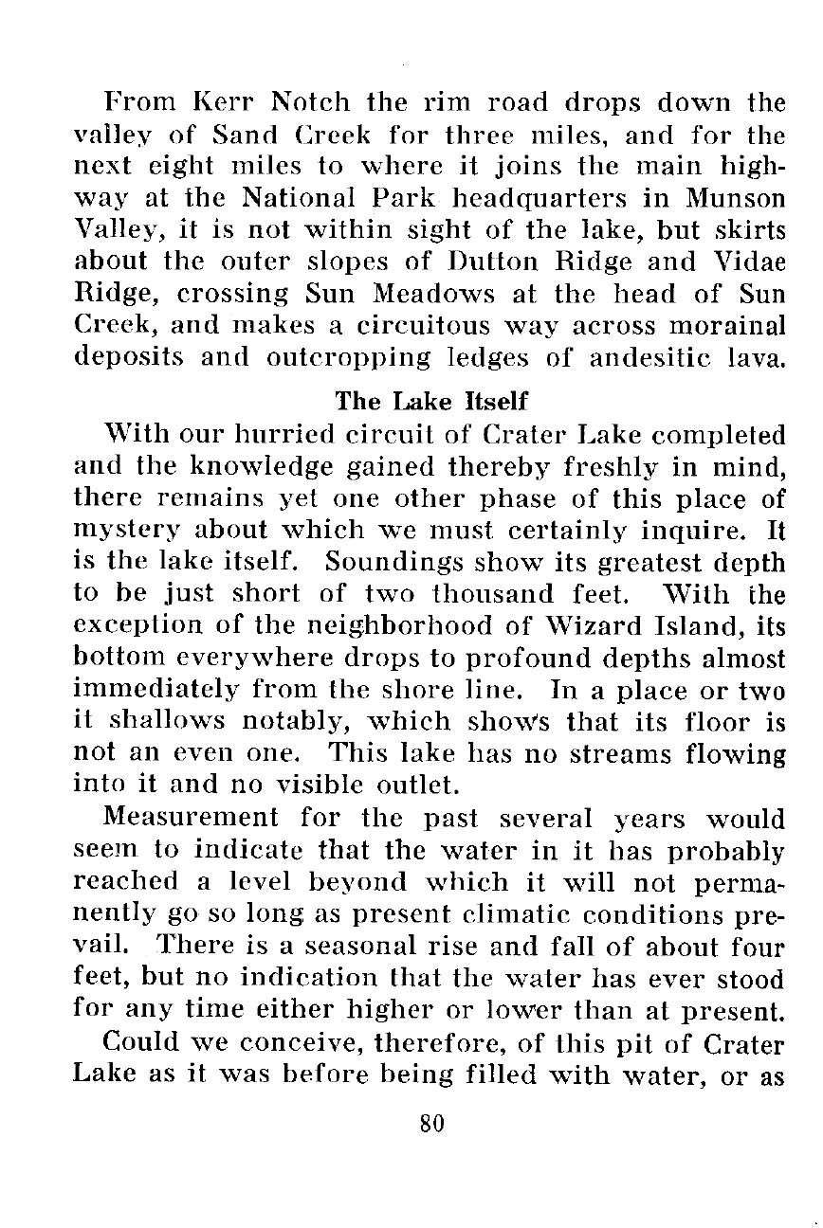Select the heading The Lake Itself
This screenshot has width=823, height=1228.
tap(431, 402)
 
